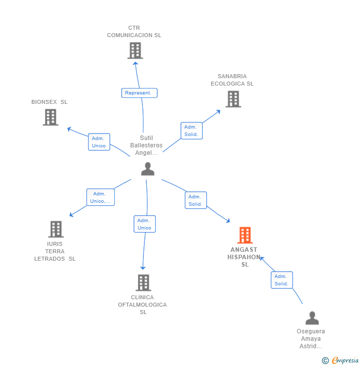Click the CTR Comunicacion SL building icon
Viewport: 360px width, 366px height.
click(135, 50)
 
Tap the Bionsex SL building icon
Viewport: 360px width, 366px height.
click(50, 117)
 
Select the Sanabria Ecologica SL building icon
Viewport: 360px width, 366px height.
click(233, 99)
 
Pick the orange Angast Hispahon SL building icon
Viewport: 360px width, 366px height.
click(245, 235)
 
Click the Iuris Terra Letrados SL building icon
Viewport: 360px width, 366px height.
click(56, 229)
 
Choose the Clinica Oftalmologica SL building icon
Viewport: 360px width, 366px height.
click(143, 282)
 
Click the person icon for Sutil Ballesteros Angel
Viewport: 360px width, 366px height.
click(147, 169)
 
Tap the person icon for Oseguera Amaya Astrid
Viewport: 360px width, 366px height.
click(312, 318)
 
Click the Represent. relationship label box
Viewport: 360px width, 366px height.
click(139, 93)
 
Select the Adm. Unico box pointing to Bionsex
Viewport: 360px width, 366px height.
click(99, 142)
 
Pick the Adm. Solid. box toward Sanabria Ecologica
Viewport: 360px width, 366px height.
click(191, 131)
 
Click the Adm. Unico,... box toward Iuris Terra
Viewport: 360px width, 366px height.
click(100, 197)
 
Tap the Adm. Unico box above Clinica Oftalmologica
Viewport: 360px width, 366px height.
click(144, 224)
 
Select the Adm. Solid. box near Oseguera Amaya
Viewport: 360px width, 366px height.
click(281, 280)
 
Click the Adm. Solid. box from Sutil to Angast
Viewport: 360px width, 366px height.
click(195, 200)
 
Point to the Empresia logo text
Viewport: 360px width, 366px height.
click(345, 361)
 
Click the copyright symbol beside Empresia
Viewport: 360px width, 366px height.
click(325, 361)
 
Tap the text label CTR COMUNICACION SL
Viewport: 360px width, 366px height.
click(134, 32)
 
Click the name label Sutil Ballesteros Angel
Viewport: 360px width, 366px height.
click(146, 145)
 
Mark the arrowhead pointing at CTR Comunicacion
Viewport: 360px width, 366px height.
click(135, 62)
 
